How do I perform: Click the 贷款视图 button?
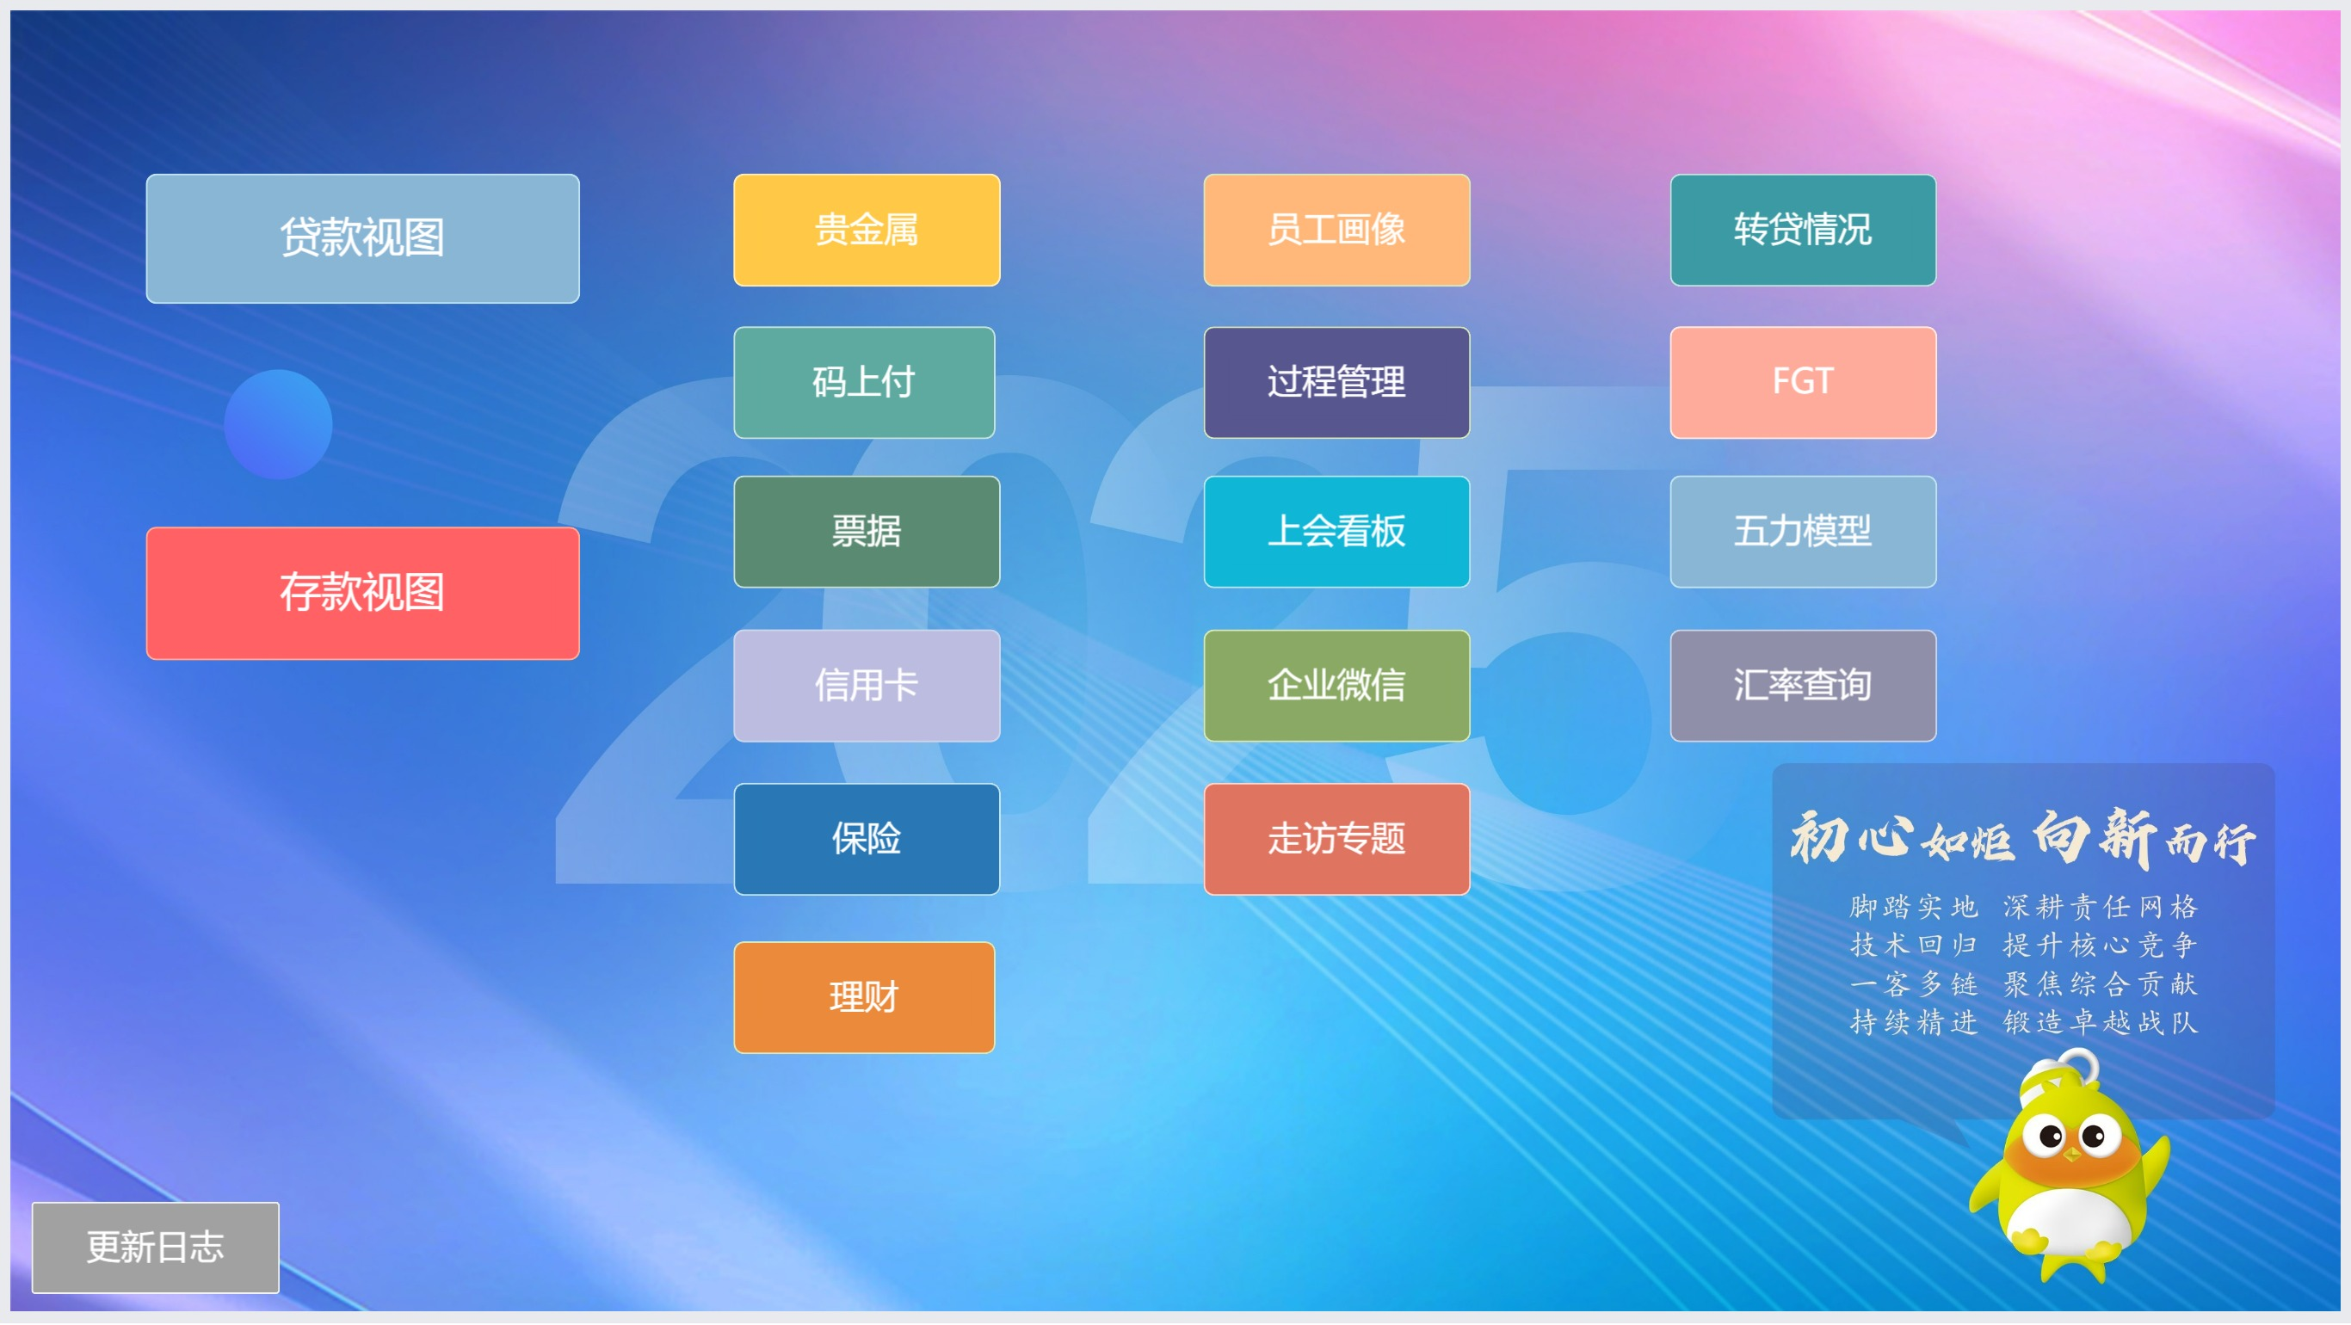(362, 238)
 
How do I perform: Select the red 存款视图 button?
(362, 593)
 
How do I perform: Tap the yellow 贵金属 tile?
(866, 230)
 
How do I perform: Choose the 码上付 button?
(863, 382)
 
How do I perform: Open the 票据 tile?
(866, 532)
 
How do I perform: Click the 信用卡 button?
(866, 686)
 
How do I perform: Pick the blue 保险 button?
(866, 839)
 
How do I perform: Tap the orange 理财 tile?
(863, 997)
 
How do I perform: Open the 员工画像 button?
(1336, 230)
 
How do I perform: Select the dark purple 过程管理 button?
(1336, 382)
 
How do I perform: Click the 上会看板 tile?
(1336, 532)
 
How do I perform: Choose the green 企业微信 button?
(1336, 686)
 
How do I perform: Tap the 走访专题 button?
(1336, 839)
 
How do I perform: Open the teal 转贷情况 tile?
(1803, 230)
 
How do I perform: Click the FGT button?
(1803, 382)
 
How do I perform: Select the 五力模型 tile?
(1803, 532)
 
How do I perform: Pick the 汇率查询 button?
(1803, 686)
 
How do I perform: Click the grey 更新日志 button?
(155, 1248)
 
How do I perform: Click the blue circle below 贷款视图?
(277, 424)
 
